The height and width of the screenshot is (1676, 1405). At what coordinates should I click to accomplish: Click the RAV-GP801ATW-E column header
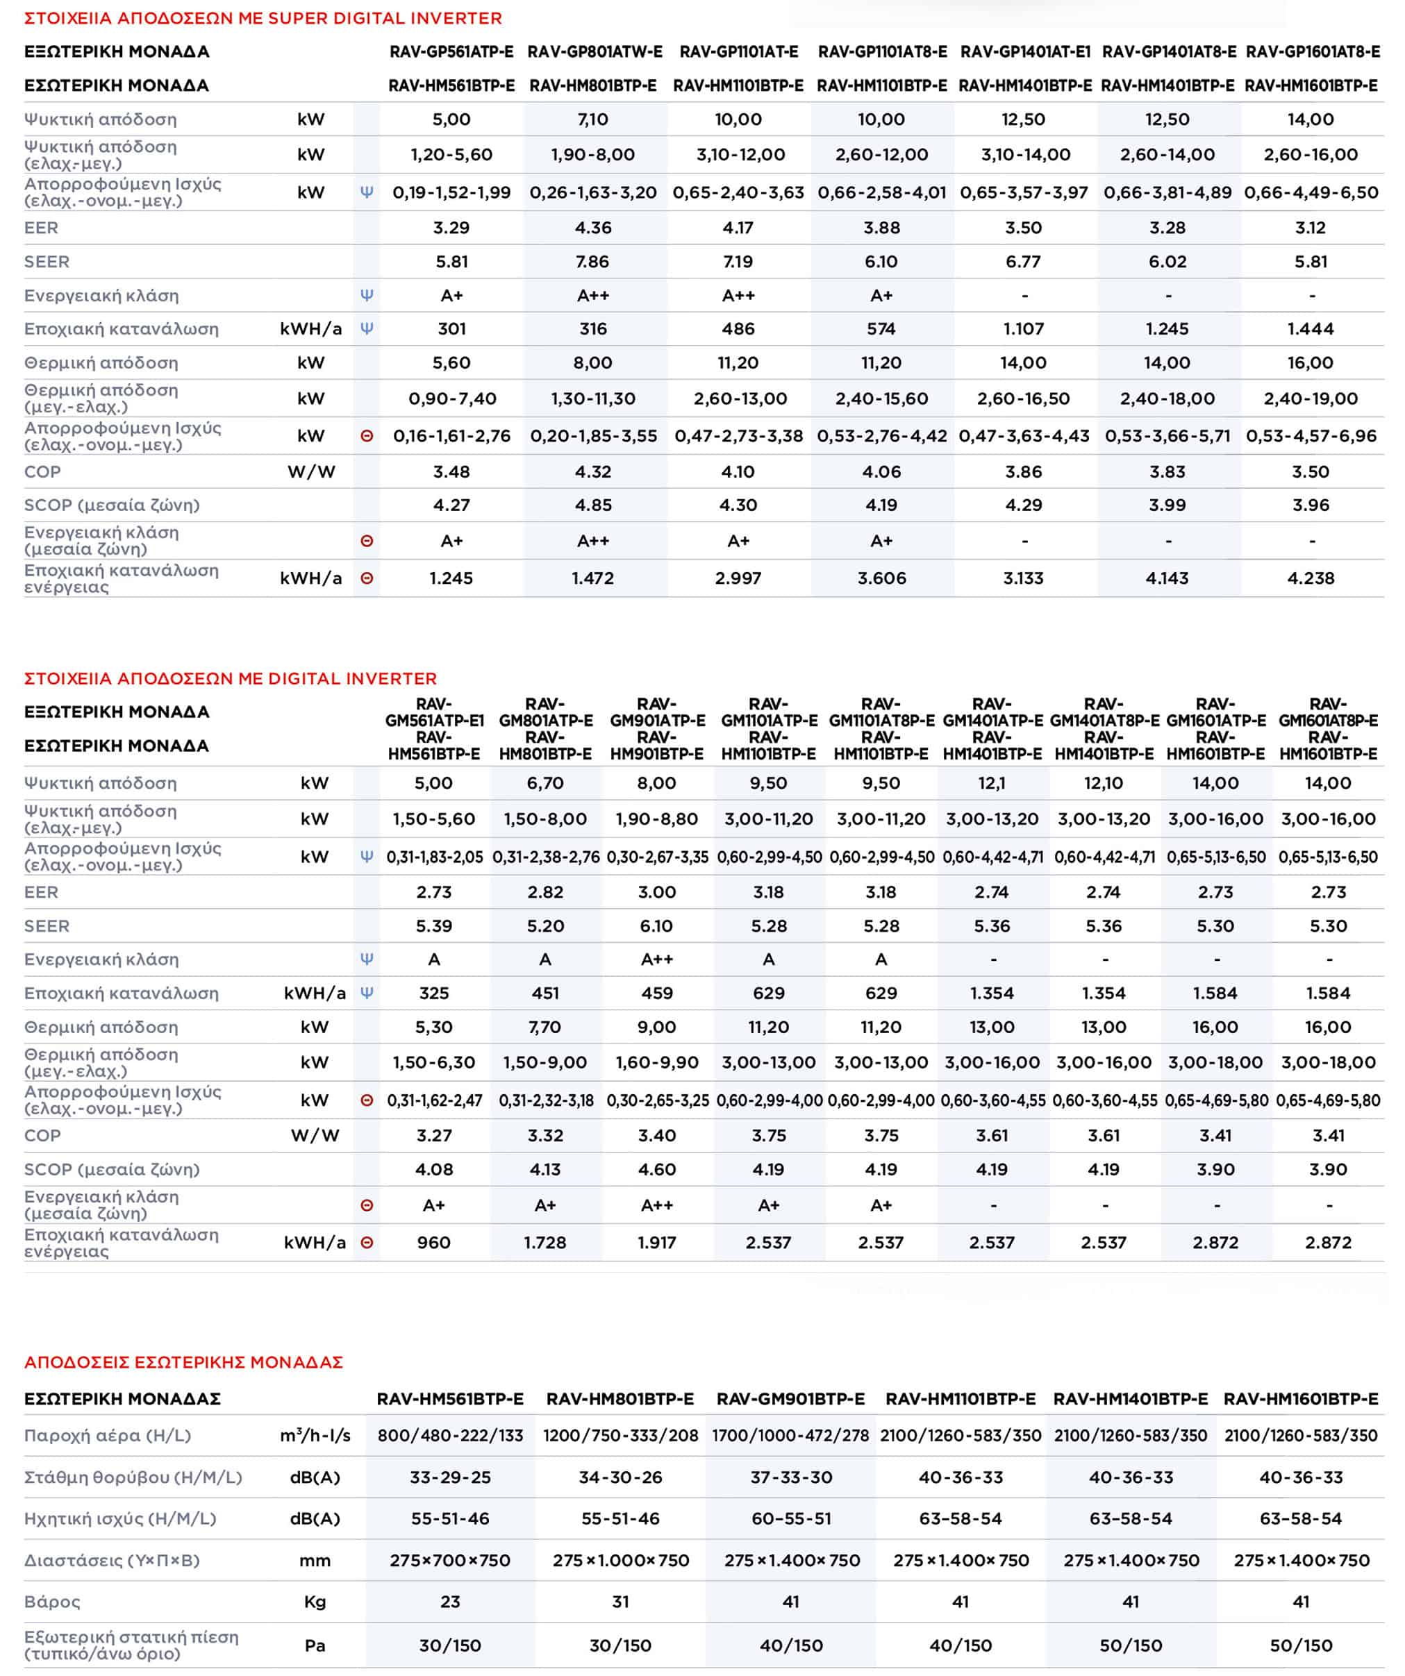pos(595,52)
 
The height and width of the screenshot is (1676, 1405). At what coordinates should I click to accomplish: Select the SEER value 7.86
pos(592,262)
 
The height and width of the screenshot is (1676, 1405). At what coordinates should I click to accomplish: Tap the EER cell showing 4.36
pos(593,228)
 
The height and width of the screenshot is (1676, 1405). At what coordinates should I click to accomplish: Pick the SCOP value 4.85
pos(592,505)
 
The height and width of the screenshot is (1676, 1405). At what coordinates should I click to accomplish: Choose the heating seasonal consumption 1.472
pos(592,578)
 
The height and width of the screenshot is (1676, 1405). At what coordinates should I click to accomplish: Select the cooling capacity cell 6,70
pos(545,783)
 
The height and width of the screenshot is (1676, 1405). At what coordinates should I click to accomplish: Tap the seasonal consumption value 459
pos(656,993)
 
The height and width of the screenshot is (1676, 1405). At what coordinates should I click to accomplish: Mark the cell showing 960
pos(433,1243)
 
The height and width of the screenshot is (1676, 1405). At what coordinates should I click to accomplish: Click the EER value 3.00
pos(656,892)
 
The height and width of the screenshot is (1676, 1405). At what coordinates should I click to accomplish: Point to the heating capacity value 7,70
pos(545,1027)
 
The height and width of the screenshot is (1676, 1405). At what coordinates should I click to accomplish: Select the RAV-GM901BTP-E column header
pos(790,1399)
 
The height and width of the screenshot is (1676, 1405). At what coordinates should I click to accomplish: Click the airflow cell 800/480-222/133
pos(450,1436)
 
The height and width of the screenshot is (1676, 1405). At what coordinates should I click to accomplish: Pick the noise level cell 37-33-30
pos(790,1477)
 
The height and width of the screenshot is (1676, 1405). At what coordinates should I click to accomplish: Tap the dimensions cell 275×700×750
pos(450,1560)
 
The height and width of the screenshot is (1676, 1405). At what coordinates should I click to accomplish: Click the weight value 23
pos(450,1602)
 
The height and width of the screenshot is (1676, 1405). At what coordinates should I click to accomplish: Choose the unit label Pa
pos(315,1645)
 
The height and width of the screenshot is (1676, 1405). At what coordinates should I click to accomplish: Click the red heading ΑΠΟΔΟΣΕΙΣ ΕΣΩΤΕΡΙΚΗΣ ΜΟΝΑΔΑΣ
pos(183,1362)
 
